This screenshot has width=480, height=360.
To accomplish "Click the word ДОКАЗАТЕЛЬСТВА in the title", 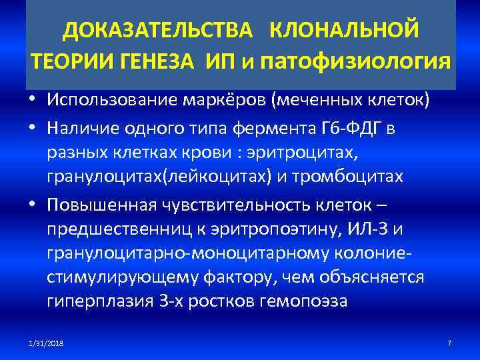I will [157, 31].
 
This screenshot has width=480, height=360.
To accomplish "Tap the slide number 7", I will [449, 343].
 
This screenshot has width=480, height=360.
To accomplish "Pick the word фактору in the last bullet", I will [241, 276].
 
